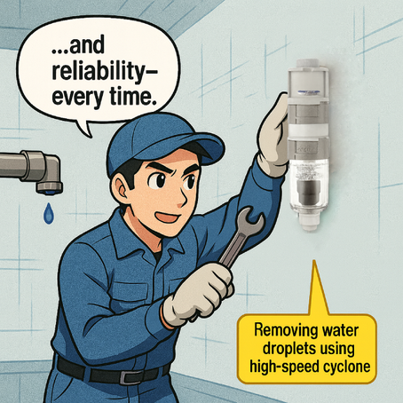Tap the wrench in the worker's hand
point(232,234)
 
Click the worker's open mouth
point(166,217)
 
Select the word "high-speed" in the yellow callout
point(284,364)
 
